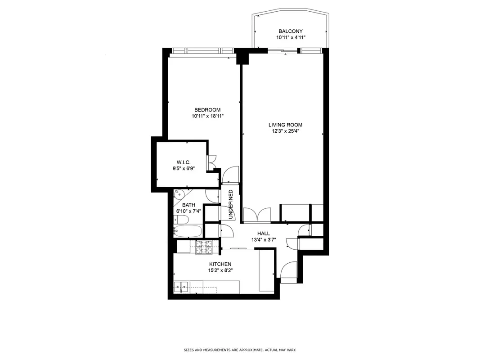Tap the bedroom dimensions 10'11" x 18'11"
click(207, 116)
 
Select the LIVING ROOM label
click(285, 125)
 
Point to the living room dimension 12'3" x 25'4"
click(285, 131)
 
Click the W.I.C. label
click(183, 162)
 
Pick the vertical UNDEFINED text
click(231, 204)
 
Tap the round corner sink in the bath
click(179, 194)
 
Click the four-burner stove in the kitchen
click(204, 247)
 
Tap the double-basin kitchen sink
click(182, 286)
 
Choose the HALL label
click(263, 234)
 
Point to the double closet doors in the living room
click(257, 214)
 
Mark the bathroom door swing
click(212, 195)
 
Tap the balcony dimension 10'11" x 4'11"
click(291, 38)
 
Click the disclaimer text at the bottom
click(240, 350)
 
